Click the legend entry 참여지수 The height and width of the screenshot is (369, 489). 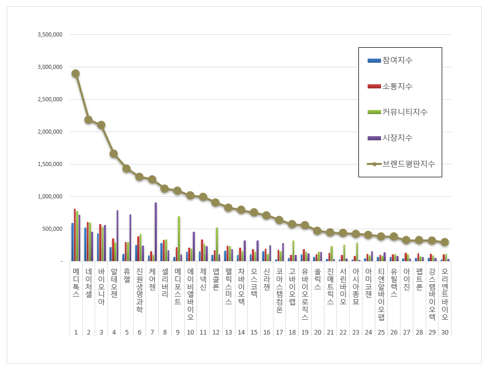(x=397, y=61)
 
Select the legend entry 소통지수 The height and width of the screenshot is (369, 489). (x=397, y=86)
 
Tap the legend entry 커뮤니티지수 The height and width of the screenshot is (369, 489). (x=405, y=112)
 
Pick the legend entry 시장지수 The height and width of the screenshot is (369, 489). (x=397, y=138)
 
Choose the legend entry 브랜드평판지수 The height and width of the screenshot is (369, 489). (x=408, y=164)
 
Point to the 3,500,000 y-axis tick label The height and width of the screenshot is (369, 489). (x=50, y=35)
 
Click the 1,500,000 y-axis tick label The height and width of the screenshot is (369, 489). (x=50, y=164)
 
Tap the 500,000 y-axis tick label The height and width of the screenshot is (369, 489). (x=53, y=229)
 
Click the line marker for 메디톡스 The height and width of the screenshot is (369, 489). (x=76, y=73)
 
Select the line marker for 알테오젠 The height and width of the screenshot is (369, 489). (x=114, y=154)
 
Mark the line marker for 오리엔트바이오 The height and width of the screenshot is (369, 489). (x=445, y=242)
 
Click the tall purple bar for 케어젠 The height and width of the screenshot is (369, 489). (x=155, y=232)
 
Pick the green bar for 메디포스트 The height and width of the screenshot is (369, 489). (x=178, y=238)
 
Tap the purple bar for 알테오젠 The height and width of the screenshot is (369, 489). (x=117, y=235)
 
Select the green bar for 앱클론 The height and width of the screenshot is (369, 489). (x=217, y=244)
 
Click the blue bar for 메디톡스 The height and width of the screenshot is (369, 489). (x=73, y=242)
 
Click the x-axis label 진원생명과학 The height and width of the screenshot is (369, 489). (x=139, y=290)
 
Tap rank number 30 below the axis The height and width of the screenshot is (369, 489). (x=445, y=332)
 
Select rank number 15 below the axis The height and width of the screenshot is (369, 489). (x=254, y=332)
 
